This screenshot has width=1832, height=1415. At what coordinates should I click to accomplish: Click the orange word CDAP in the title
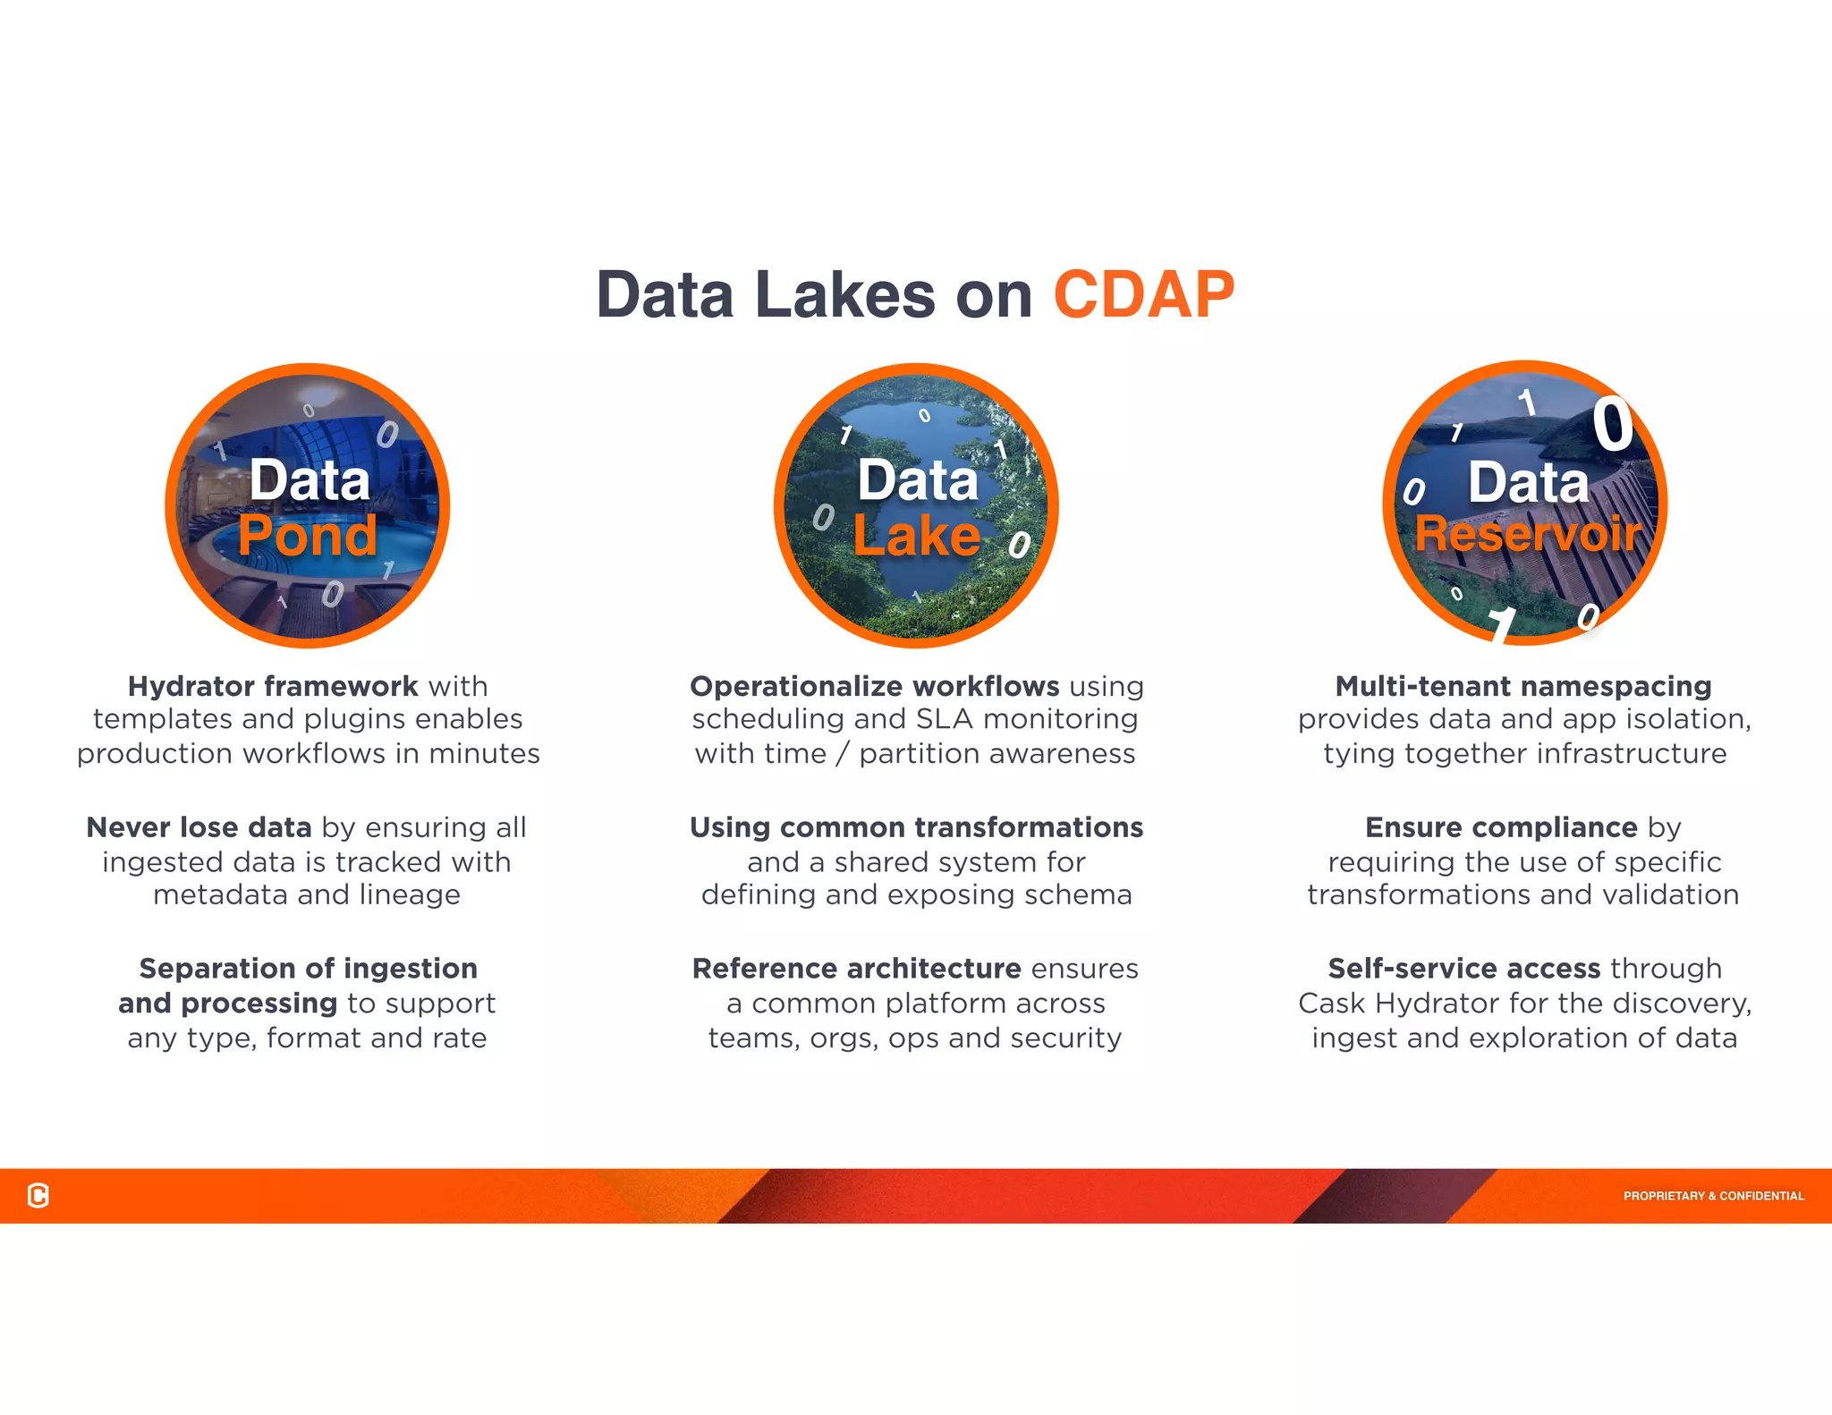pos(1143,294)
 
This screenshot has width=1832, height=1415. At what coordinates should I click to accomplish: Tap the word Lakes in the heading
pos(844,294)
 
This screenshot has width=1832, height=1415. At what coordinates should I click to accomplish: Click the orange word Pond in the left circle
pos(307,536)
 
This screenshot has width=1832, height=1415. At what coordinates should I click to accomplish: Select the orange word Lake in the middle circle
pos(916,537)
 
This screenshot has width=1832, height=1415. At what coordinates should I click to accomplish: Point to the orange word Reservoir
pos(1527,534)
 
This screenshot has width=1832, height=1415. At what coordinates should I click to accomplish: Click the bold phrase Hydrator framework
pos(273,686)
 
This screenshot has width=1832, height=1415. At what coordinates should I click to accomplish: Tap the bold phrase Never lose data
pos(199,827)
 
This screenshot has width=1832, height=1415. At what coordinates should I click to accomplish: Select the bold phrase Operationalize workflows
pos(874,686)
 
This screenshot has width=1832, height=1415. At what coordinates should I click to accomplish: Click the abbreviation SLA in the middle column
pos(946,719)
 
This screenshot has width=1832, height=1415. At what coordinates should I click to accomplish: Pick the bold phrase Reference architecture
pos(856,969)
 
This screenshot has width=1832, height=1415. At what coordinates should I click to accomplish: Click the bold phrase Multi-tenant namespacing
pos(1522,686)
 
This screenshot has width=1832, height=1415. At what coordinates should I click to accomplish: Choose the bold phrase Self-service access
pos(1463,969)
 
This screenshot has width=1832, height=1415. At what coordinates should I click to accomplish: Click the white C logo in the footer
pos(38,1195)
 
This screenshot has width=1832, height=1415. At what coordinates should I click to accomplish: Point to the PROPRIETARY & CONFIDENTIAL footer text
pos(1713,1196)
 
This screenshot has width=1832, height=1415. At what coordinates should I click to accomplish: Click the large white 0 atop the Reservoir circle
pos(1612,425)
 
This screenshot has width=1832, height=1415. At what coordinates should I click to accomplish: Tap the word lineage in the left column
pos(410,895)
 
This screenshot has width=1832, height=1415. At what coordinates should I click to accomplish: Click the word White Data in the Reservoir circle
pos(1528,483)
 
